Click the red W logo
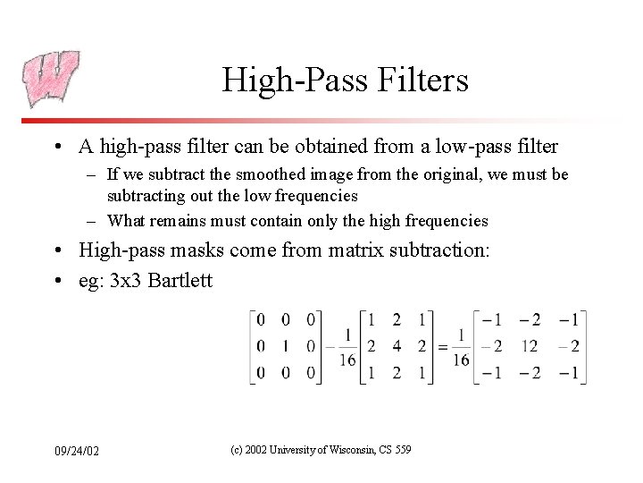pos(51,79)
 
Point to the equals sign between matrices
pos(440,346)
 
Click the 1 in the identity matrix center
pos(285,346)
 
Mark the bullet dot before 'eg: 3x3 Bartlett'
pos(58,282)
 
